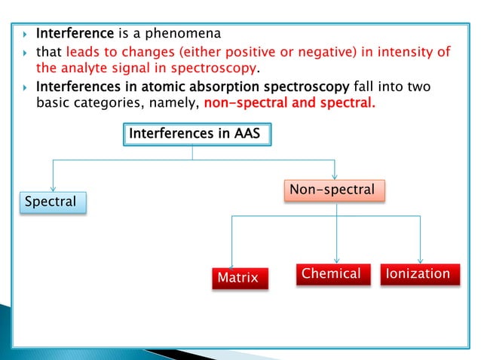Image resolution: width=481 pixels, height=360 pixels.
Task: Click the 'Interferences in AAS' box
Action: click(195, 134)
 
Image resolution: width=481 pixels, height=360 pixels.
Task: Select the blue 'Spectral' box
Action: click(52, 202)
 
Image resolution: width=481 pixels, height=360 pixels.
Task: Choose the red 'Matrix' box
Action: click(238, 278)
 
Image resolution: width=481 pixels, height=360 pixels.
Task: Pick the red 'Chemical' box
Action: click(331, 273)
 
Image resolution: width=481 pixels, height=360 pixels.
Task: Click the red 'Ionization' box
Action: click(418, 273)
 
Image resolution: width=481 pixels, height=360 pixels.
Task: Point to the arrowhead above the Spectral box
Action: click(52, 188)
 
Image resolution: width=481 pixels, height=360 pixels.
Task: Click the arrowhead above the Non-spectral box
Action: click(335, 175)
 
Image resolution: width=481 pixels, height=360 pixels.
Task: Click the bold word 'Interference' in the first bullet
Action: click(75, 34)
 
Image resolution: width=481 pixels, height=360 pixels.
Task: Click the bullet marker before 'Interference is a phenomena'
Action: click(25, 35)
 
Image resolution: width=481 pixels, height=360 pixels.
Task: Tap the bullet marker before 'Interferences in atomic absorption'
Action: click(25, 87)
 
